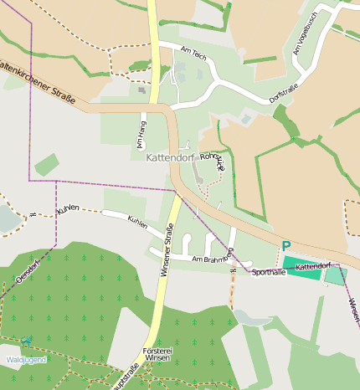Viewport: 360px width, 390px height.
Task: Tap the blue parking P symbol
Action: pos(285,246)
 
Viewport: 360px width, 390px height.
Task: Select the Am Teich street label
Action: pos(193,52)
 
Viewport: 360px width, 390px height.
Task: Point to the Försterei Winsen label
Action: pos(157,354)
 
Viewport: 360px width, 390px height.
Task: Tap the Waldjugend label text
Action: pos(26,360)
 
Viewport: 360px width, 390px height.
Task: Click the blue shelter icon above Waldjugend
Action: pos(27,341)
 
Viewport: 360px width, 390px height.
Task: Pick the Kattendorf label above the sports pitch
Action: pos(313,264)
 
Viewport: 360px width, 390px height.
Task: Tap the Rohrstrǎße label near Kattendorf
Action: pos(215,161)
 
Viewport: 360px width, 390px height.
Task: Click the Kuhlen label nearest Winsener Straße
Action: pos(136,223)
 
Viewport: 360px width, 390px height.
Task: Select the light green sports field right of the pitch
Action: pos(335,275)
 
